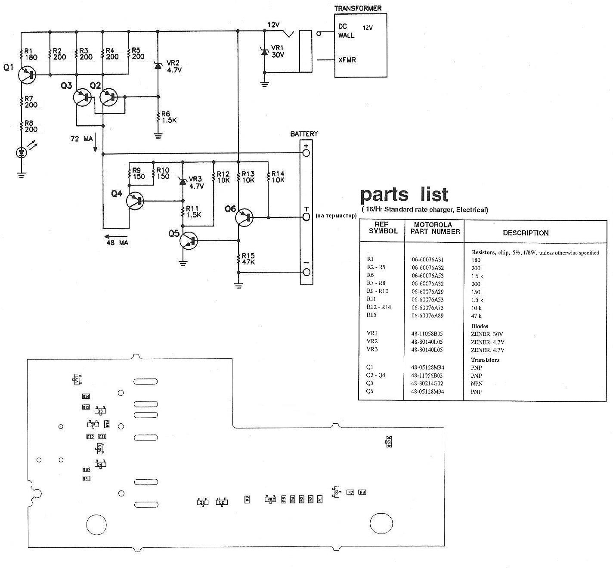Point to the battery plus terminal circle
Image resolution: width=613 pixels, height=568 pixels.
[x=306, y=153]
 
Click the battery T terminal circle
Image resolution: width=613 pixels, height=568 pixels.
[x=306, y=216]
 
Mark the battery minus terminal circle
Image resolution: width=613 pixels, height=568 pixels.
[x=306, y=272]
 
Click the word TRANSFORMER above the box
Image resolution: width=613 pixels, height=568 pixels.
[x=358, y=8]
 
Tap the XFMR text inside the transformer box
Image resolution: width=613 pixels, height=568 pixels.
[x=347, y=60]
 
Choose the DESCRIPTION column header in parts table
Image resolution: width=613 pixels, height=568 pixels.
[x=526, y=233]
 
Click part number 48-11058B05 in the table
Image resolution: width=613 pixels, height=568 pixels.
[x=427, y=334]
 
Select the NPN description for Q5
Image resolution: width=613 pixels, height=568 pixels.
[x=477, y=384]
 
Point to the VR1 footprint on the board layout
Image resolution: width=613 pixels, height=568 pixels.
[x=77, y=379]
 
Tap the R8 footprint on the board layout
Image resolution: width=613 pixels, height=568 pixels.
[x=362, y=492]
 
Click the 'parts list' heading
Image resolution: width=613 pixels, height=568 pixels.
[x=404, y=195]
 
